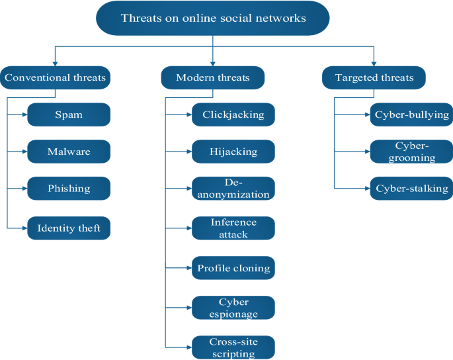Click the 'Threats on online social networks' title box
[x=213, y=18]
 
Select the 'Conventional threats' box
[x=55, y=78]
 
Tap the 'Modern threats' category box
[x=213, y=78]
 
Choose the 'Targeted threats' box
[x=374, y=78]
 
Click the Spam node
[x=69, y=115]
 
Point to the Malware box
[x=69, y=152]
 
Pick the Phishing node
[x=69, y=189]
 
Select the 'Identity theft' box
[x=69, y=228]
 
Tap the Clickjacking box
[x=233, y=115]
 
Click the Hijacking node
[x=233, y=152]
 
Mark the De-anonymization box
[x=233, y=189]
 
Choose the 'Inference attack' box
[x=233, y=228]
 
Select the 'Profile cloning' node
[x=233, y=268]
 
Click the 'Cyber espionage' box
[x=233, y=308]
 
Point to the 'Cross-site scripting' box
[x=233, y=347]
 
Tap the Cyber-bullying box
[x=412, y=114]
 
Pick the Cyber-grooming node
[x=412, y=152]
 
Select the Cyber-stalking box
[x=412, y=189]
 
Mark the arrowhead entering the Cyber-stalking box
[x=367, y=189]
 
